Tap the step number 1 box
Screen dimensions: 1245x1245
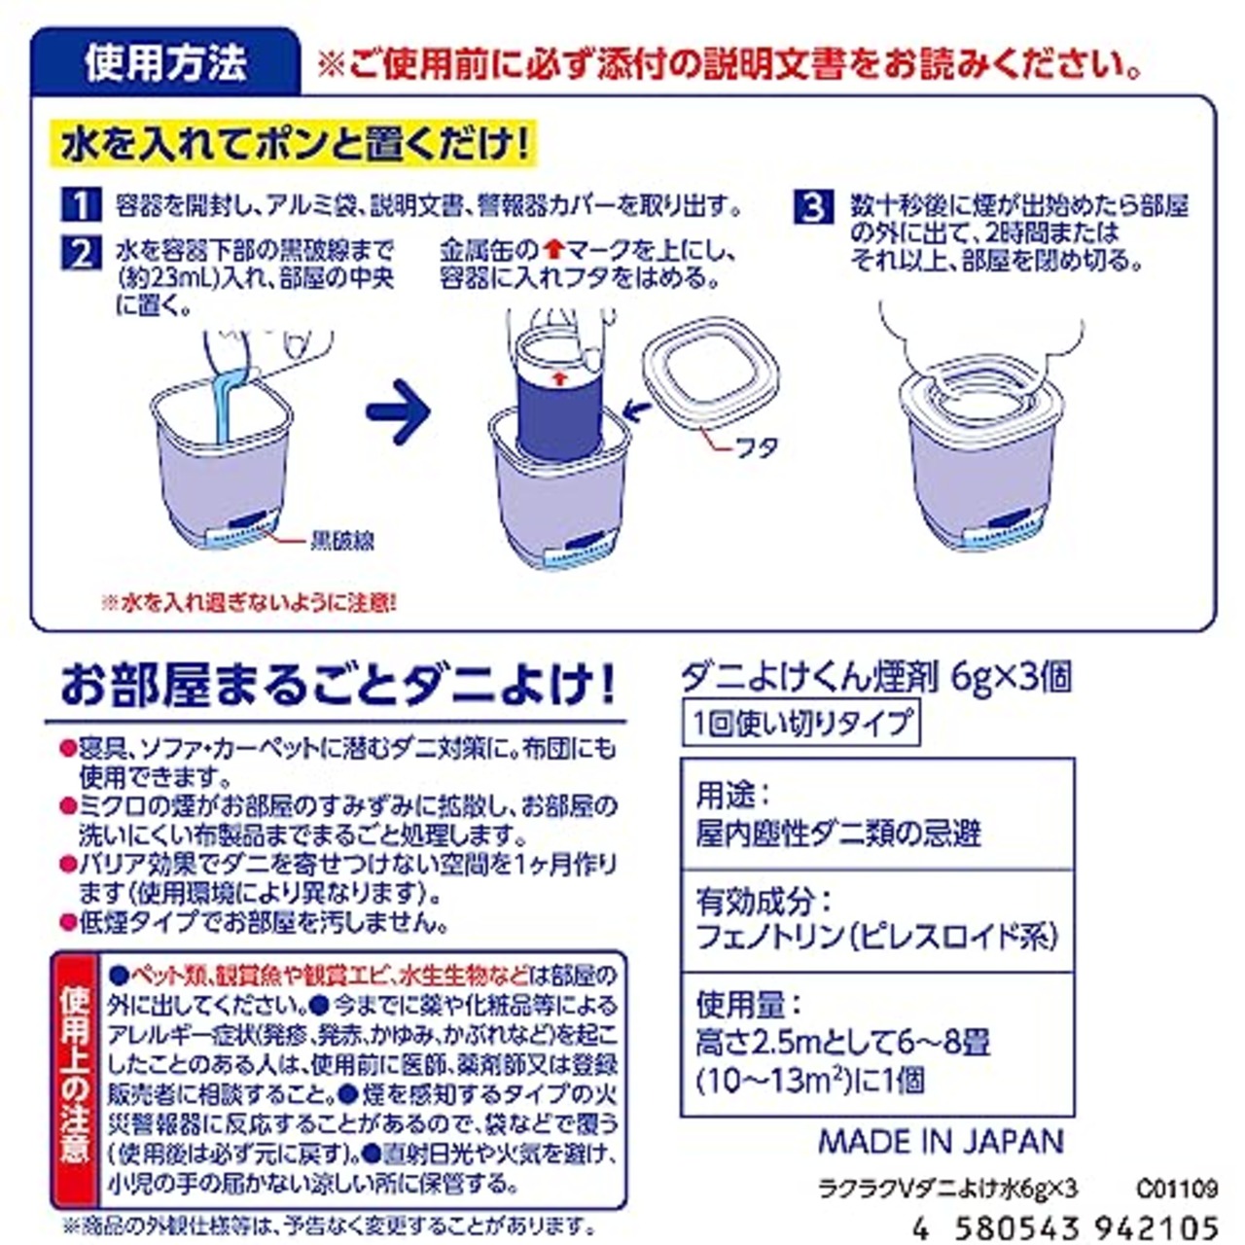pos(81,205)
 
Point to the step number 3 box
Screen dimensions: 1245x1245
pos(814,207)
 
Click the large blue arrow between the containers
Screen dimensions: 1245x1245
pos(398,412)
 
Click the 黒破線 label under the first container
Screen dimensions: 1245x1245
pos(341,540)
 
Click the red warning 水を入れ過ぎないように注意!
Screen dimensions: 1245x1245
pos(249,603)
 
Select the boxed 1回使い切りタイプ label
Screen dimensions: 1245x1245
pos(800,724)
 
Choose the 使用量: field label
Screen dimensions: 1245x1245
pos(748,1003)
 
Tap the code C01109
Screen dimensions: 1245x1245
pos(1175,1188)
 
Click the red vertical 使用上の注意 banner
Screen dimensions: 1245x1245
pos(74,1074)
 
